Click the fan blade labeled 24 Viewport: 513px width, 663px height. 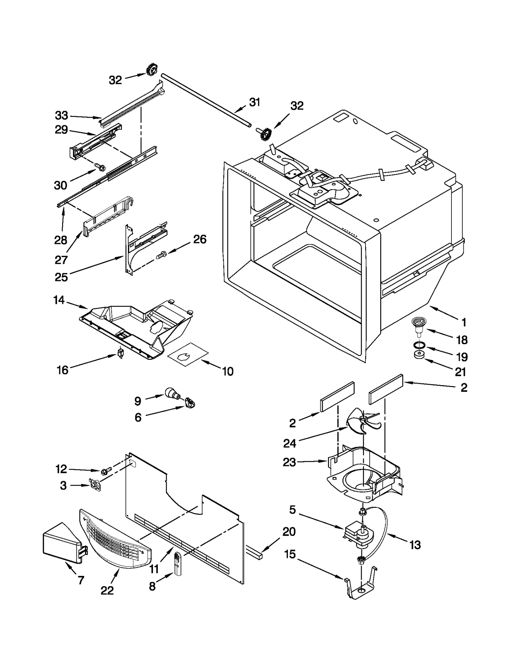pyautogui.click(x=364, y=421)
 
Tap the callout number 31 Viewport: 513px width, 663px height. pyautogui.click(x=255, y=102)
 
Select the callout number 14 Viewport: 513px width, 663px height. pyautogui.click(x=59, y=300)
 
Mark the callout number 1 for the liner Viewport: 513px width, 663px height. pyautogui.click(x=464, y=322)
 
